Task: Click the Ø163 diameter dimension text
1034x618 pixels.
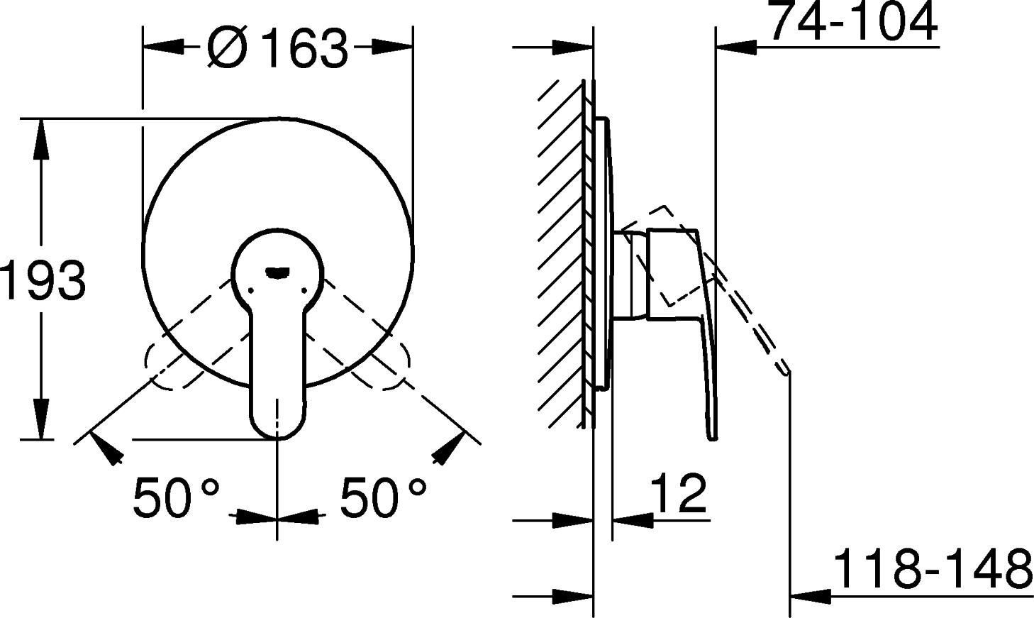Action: click(277, 48)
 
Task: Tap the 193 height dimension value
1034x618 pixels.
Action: click(43, 280)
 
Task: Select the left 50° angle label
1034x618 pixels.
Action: click(176, 497)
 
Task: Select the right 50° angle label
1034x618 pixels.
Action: click(383, 497)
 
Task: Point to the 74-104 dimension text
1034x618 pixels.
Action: click(854, 21)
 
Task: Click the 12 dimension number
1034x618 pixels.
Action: click(679, 493)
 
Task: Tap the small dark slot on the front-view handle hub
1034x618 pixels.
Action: click(278, 273)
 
